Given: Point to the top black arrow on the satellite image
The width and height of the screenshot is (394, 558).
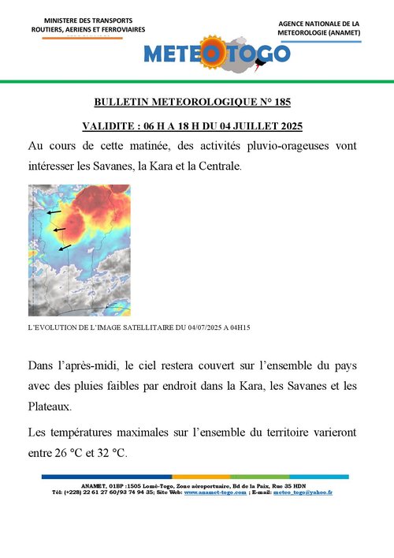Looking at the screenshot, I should [53, 212].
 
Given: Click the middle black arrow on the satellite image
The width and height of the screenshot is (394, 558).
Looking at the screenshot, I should [59, 230].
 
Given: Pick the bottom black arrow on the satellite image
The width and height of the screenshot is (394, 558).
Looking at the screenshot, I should [65, 248].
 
